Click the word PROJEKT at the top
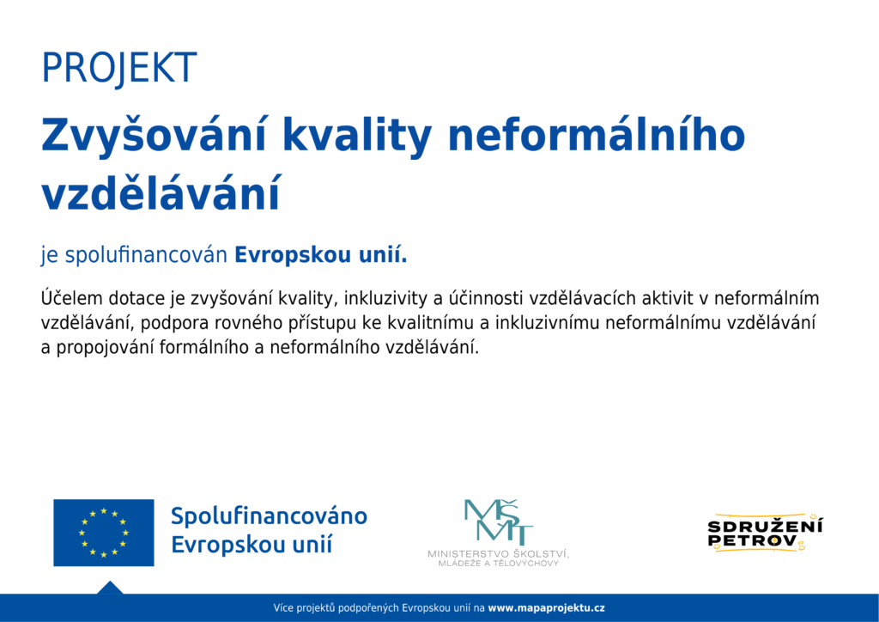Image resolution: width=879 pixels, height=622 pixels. click(118, 69)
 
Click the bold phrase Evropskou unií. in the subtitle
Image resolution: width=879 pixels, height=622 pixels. click(321, 255)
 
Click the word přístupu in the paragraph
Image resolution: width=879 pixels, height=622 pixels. click(296, 324)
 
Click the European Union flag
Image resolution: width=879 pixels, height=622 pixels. click(104, 533)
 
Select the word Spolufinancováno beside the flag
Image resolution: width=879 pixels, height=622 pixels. click(269, 516)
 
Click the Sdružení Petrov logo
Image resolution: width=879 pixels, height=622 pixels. click(765, 533)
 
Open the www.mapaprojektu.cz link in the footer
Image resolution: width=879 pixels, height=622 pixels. click(547, 608)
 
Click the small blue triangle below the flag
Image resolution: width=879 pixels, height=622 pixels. click(110, 588)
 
